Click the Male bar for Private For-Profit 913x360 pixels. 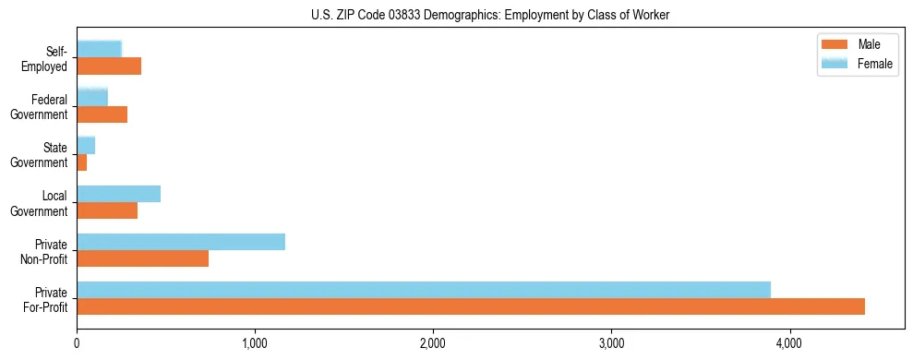tap(471, 306)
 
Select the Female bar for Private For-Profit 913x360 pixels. tap(424, 290)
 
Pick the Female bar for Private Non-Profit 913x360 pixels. tap(181, 242)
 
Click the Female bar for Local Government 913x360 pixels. tap(119, 194)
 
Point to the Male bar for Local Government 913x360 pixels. tap(107, 210)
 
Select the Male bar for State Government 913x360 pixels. tap(82, 162)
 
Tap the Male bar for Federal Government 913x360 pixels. tap(102, 114)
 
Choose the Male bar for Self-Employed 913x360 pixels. tap(109, 66)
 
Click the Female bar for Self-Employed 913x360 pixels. tap(100, 49)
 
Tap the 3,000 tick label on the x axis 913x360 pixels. tap(611, 343)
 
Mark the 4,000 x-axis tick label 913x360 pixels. tap(789, 343)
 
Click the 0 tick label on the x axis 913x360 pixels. tap(78, 343)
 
